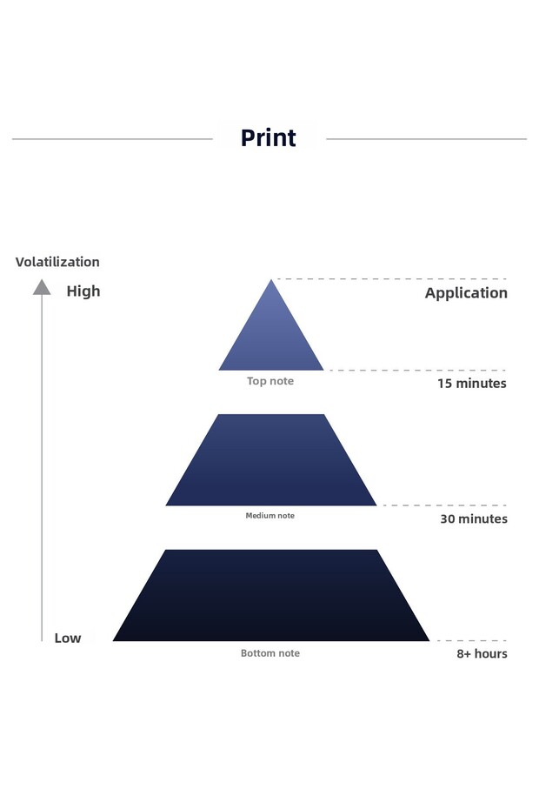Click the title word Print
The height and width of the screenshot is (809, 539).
[x=268, y=138]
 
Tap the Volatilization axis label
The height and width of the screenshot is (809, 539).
[x=57, y=262]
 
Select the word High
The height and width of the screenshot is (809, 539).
[x=83, y=291]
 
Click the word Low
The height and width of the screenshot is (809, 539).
[x=68, y=638]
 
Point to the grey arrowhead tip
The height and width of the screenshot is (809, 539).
[x=42, y=282]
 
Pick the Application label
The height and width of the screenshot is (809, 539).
[x=466, y=293]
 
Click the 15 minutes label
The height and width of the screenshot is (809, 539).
[x=472, y=383]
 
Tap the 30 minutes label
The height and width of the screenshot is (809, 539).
[x=472, y=518]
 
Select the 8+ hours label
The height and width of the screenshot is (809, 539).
[x=482, y=653]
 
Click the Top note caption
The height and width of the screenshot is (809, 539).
[x=270, y=381]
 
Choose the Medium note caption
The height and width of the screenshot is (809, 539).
[x=269, y=516]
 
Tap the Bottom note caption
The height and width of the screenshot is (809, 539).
[x=270, y=653]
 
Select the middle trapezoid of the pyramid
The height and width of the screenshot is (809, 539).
[x=271, y=461]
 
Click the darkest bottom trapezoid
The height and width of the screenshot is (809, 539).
[x=271, y=597]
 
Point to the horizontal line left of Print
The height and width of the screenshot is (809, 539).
[x=113, y=138]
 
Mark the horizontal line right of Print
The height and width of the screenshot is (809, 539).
[x=426, y=138]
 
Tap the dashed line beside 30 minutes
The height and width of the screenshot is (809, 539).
[x=444, y=505]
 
